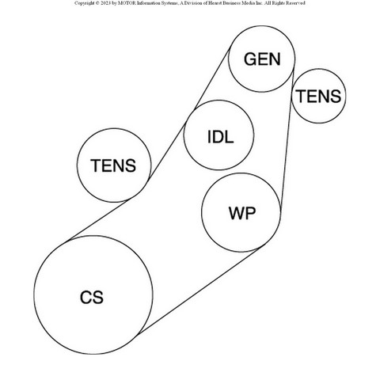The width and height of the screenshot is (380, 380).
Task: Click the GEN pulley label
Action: (262, 59)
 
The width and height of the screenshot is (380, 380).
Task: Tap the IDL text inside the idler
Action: (221, 137)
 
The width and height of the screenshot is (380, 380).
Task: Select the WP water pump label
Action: (242, 213)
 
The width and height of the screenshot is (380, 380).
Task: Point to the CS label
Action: (92, 297)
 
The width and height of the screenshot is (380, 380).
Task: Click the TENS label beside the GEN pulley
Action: (318, 96)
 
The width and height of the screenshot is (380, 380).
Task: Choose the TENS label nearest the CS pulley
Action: (113, 165)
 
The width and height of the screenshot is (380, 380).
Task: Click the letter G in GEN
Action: (250, 59)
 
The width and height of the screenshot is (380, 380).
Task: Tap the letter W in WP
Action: (237, 213)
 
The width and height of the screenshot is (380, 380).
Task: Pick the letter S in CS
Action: (98, 297)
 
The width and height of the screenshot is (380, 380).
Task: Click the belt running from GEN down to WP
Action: (287, 140)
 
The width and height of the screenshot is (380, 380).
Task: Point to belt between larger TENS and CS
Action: (97, 221)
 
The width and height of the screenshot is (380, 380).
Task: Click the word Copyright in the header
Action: (84, 3)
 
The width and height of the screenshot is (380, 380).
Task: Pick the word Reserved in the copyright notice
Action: (295, 3)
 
